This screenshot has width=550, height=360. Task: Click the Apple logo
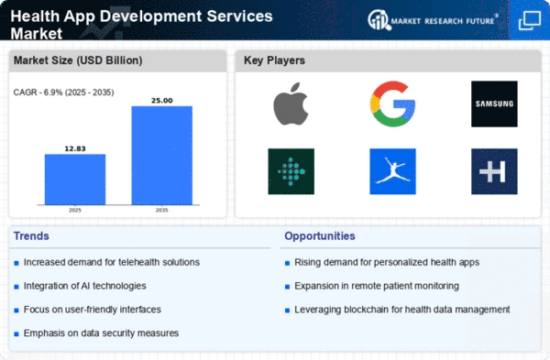291,104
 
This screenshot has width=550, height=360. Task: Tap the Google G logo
392,104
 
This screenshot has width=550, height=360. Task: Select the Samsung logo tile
494,104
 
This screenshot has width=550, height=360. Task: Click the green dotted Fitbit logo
291,171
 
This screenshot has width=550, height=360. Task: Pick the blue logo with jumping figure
392,171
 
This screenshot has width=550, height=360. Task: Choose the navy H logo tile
494,171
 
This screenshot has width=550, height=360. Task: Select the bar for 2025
75,180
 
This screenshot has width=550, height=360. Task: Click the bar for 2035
161,156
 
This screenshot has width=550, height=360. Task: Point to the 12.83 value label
75,148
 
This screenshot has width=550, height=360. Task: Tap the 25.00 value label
161,101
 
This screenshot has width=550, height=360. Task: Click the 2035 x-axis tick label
161,211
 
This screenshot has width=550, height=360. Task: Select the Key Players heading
274,60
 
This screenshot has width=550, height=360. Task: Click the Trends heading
31,236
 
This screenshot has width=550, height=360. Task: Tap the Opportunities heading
320,236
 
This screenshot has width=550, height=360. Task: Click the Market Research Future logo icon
379,20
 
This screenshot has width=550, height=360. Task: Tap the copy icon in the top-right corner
529,21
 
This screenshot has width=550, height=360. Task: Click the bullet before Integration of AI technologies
16,287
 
